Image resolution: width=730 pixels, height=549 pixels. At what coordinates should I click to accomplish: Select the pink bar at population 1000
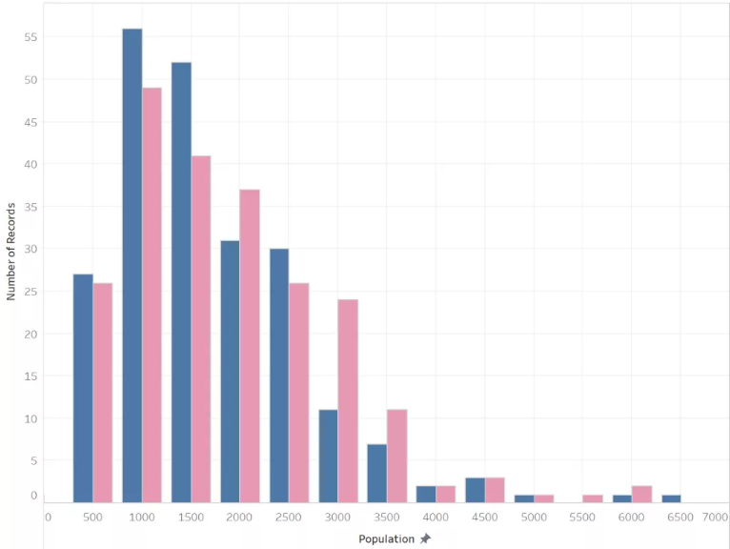point(152,295)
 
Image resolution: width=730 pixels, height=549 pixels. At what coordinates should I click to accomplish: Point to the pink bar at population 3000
point(348,400)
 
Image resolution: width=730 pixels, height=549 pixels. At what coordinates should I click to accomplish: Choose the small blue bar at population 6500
point(671,498)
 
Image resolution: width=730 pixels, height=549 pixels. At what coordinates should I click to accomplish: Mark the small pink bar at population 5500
point(593,498)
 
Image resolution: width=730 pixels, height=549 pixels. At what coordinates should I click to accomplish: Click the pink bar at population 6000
point(641,494)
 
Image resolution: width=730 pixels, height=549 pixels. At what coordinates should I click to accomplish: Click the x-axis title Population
point(386,539)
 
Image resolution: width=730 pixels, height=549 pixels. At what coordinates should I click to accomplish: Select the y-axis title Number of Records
point(11,252)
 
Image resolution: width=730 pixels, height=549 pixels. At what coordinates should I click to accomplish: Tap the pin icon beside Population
point(425,539)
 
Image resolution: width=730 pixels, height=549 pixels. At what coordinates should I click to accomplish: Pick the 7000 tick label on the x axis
point(715,517)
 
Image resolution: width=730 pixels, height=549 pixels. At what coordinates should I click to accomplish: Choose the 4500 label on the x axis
point(484,517)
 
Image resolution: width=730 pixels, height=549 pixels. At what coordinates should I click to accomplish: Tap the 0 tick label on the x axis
point(48,517)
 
